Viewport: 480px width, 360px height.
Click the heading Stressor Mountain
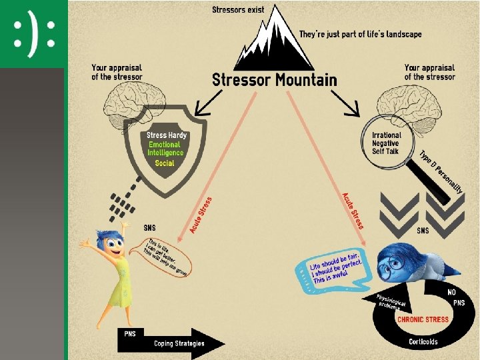click(274, 80)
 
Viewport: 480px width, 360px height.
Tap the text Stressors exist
click(238, 9)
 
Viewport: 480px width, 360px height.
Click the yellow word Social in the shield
click(164, 163)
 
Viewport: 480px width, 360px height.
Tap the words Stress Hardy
click(167, 135)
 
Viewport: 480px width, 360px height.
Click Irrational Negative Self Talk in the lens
click(386, 143)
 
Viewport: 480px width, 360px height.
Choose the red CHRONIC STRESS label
click(423, 319)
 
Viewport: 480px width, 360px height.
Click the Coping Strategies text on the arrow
click(179, 343)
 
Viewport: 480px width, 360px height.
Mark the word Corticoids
click(423, 342)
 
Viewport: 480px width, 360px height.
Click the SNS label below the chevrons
click(423, 231)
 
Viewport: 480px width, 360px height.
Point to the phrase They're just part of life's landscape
click(360, 34)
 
